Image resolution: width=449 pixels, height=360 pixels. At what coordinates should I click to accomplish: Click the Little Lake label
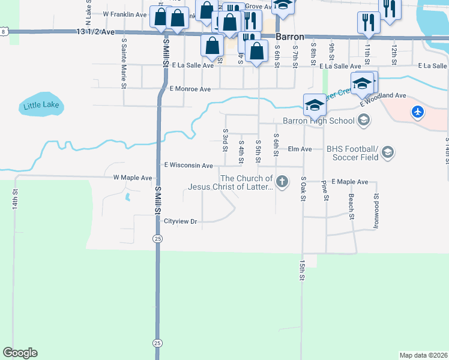[x=41, y=106]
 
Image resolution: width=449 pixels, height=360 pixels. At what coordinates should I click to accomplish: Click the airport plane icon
[x=418, y=112]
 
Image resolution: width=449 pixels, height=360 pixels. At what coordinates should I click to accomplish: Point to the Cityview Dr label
[x=181, y=221]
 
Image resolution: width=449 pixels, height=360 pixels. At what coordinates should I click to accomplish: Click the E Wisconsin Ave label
[x=188, y=165]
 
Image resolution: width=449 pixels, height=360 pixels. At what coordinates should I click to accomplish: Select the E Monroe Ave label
[x=190, y=89]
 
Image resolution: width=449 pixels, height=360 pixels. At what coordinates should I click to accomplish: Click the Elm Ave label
[x=300, y=149]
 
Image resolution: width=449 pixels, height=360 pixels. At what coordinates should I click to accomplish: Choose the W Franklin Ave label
[x=125, y=14]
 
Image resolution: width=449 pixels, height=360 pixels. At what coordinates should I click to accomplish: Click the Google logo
[x=20, y=353]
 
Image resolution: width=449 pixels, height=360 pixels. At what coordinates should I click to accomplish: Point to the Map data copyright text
[x=423, y=355]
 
